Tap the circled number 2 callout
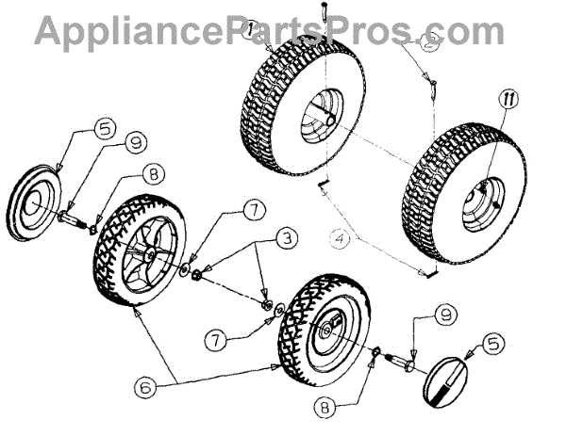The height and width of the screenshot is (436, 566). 430,42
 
